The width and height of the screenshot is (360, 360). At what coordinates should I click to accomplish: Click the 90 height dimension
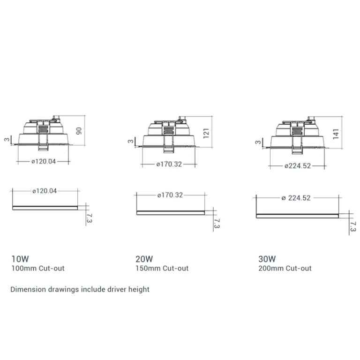tap(79, 131)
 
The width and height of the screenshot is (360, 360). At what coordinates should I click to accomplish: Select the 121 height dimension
tap(206, 134)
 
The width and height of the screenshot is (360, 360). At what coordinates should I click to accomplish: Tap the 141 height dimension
tap(336, 134)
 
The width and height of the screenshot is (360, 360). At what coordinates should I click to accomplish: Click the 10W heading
tap(20, 259)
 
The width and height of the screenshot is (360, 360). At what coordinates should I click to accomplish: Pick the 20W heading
tap(144, 259)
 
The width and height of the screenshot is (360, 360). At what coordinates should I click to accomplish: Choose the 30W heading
tap(267, 259)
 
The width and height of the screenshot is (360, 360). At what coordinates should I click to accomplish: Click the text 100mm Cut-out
tap(38, 269)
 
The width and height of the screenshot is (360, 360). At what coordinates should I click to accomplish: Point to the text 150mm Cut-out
tap(162, 269)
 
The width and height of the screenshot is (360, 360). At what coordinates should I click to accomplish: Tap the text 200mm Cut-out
tap(285, 269)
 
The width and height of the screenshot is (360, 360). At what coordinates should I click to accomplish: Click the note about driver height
tap(80, 289)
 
